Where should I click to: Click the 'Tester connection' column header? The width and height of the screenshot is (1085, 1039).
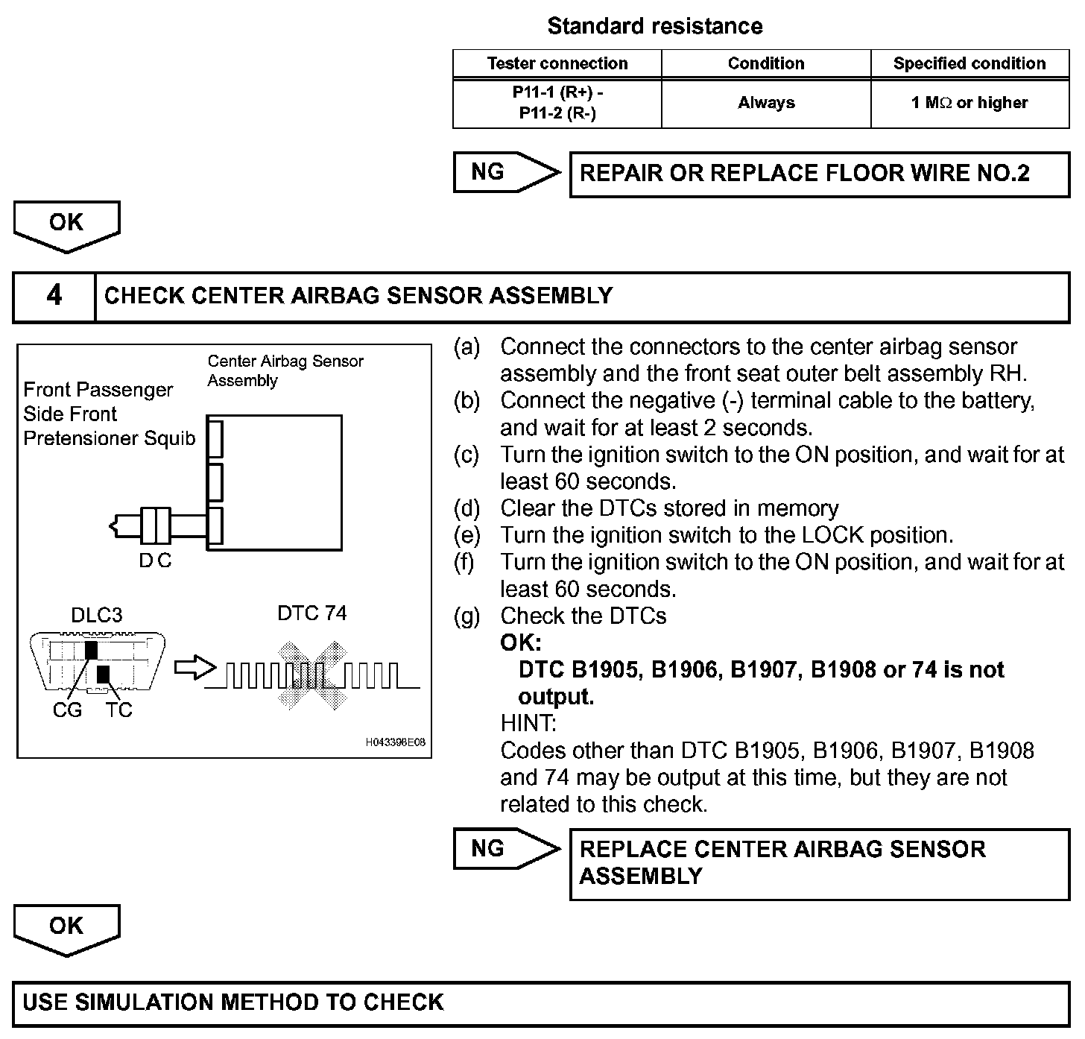[557, 63]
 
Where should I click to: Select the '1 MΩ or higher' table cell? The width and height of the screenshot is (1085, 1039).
[969, 103]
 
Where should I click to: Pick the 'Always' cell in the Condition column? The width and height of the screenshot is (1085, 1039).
[766, 103]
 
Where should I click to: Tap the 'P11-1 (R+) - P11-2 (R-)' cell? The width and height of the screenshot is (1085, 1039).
[557, 103]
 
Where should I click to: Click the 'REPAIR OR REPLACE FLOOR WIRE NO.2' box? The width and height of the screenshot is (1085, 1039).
[819, 174]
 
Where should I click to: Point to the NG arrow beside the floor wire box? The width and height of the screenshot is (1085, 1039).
[505, 173]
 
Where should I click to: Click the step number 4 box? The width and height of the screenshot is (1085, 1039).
[54, 296]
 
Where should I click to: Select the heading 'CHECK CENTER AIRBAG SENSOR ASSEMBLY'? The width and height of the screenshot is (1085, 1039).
[358, 296]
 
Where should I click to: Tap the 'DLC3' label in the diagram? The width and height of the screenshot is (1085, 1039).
[97, 615]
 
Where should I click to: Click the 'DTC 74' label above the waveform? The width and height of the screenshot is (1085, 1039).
[311, 613]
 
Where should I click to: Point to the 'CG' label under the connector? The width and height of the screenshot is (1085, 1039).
[67, 710]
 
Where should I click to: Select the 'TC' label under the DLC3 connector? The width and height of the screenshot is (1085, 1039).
[118, 710]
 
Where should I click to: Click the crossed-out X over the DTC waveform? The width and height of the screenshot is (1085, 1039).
[313, 675]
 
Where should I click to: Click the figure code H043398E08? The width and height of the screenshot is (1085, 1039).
[396, 742]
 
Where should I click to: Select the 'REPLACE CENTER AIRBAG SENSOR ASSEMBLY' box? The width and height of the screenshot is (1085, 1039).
[819, 863]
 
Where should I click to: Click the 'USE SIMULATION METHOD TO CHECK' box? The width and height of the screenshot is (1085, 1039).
[541, 1002]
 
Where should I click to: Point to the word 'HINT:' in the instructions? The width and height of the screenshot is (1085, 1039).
[528, 723]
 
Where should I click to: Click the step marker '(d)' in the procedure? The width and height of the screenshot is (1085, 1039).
[467, 508]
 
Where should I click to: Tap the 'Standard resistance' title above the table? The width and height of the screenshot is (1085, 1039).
[655, 26]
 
